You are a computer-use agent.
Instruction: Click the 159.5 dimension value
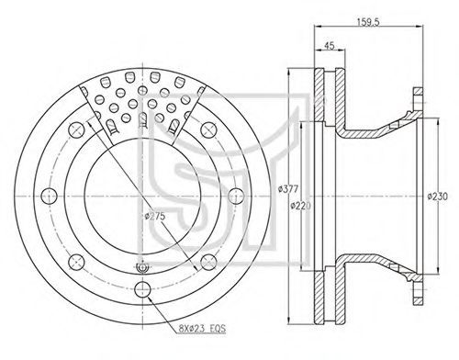click(368, 22)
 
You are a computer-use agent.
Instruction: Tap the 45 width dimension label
click(330, 46)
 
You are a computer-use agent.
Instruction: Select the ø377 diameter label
click(288, 189)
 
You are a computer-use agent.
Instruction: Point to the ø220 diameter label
click(300, 206)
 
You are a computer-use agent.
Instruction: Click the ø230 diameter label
click(438, 197)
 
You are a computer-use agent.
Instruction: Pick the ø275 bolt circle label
click(155, 216)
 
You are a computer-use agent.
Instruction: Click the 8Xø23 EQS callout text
click(202, 329)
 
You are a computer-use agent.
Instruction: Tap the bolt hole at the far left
click(49, 197)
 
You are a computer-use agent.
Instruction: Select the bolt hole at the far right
click(237, 197)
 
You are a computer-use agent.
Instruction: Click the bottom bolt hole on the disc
click(142, 289)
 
